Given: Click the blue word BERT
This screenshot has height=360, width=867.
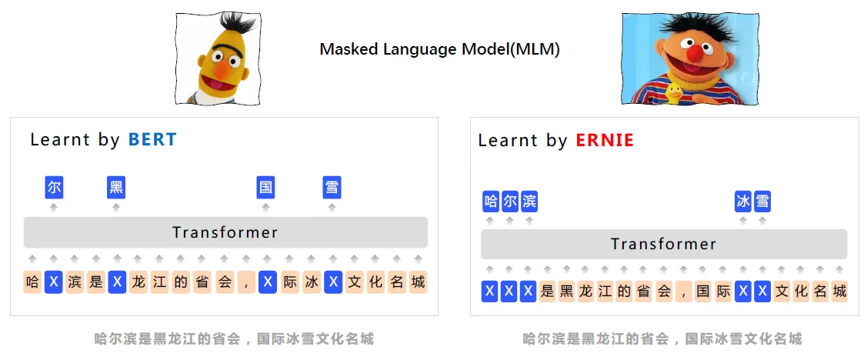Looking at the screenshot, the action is (x=152, y=140).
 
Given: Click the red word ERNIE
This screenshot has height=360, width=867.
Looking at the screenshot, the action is (x=605, y=141).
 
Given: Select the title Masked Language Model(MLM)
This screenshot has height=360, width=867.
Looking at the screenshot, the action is (x=439, y=50).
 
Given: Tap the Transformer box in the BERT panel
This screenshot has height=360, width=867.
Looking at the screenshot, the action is (x=225, y=232).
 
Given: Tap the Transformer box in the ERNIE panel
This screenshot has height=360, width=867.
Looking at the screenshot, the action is (x=663, y=245).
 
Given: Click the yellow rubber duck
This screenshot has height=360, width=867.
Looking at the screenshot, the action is (x=674, y=93).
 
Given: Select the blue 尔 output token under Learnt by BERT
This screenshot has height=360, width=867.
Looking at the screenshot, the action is (x=54, y=187).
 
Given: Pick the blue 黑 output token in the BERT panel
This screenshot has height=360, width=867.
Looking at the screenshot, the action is (x=116, y=187).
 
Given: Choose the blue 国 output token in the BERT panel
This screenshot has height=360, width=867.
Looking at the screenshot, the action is (x=265, y=187).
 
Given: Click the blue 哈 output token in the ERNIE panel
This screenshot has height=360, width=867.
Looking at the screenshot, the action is (x=491, y=202).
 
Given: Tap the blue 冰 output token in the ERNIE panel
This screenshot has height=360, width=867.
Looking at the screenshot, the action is (x=743, y=202).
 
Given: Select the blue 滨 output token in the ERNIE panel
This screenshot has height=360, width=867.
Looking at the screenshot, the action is (x=529, y=202).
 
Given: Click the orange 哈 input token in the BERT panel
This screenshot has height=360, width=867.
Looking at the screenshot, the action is (x=32, y=282).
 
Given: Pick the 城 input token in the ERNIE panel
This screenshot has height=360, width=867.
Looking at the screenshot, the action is (x=839, y=292).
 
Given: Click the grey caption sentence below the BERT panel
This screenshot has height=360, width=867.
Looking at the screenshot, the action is (x=234, y=338).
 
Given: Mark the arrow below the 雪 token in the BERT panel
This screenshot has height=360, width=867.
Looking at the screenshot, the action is (x=332, y=206).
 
